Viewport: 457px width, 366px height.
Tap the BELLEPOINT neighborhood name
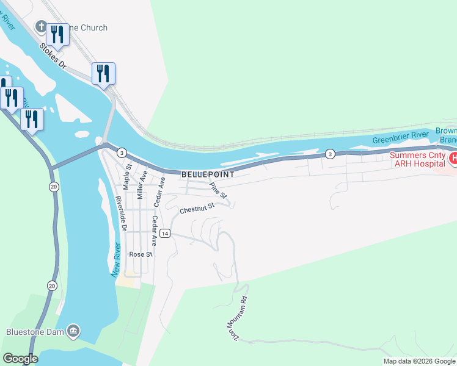(x=208, y=174)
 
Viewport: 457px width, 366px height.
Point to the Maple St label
(x=127, y=175)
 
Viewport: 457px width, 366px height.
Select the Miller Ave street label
(x=142, y=185)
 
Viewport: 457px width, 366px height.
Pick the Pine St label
(x=218, y=191)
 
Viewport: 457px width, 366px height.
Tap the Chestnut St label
(x=197, y=208)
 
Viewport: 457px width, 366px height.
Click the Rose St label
(x=140, y=254)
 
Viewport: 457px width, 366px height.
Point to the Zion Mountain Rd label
(x=238, y=315)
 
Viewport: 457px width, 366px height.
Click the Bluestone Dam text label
(x=34, y=332)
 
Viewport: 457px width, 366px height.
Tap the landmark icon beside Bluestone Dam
(x=73, y=331)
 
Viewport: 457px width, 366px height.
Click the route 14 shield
(x=165, y=234)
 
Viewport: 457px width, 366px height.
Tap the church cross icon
(x=41, y=27)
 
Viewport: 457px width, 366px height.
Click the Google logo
(x=20, y=359)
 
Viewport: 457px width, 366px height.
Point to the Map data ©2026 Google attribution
(x=419, y=361)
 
